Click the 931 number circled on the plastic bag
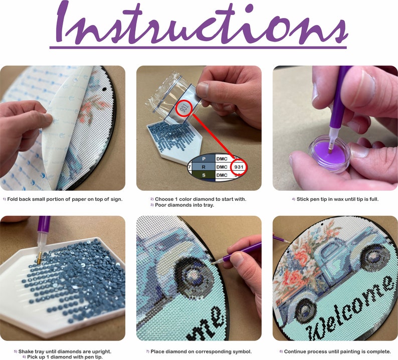pos(183,109)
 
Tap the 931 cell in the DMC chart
pos(239,167)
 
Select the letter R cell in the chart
pos(204,167)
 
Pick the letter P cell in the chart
pos(204,159)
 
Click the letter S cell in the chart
pos(204,175)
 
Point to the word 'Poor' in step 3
pos(160,205)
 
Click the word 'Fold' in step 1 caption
pos(12,199)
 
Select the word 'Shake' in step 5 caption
pos(25,351)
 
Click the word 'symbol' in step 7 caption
pos(243,352)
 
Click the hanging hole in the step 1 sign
pos(104,90)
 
